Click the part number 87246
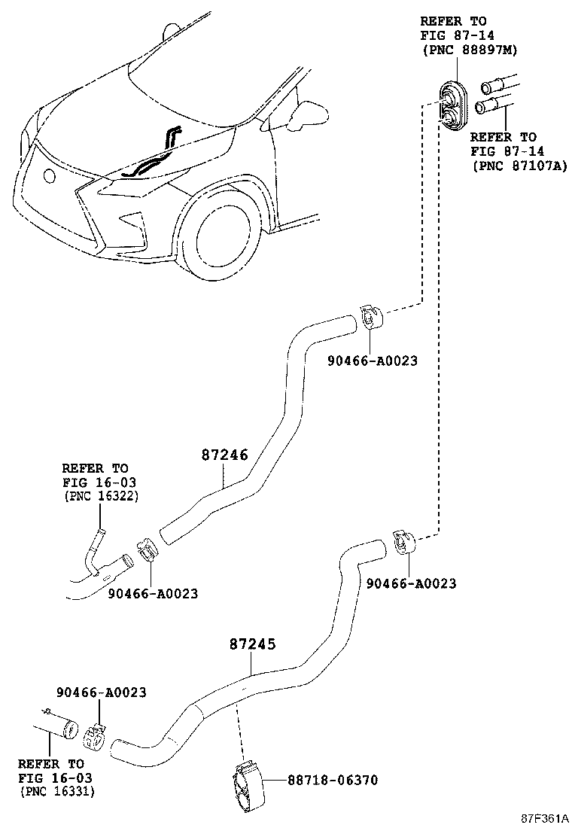pos(224,455)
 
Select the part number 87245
pos(253,644)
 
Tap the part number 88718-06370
pos(332,780)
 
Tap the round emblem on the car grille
pos(50,177)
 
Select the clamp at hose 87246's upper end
pos(370,317)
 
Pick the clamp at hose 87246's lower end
pos(147,552)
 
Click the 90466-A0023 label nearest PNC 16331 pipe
pos(101,692)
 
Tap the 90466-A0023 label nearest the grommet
pos(372,361)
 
